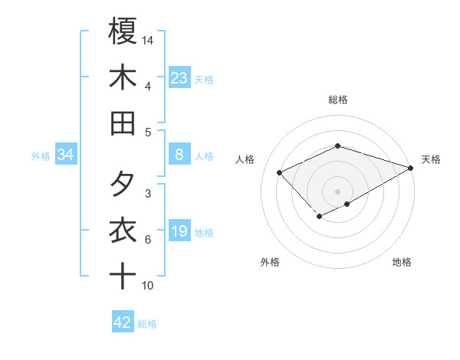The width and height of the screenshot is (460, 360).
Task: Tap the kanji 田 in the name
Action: [123, 123]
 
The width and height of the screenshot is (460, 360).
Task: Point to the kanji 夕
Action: [123, 184]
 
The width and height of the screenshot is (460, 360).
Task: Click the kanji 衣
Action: [123, 230]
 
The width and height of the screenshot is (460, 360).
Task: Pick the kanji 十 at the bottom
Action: [123, 276]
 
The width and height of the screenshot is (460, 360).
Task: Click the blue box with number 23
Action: [179, 77]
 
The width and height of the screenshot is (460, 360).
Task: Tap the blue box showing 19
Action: [179, 232]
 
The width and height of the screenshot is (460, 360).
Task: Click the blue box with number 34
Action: [66, 155]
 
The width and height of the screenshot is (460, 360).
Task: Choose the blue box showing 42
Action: [123, 322]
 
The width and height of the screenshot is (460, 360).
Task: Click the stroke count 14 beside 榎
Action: [148, 39]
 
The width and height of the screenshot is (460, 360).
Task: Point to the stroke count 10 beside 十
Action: [148, 286]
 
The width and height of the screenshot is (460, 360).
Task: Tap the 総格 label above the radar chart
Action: [337, 100]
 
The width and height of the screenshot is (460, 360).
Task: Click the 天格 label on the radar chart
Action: [431, 159]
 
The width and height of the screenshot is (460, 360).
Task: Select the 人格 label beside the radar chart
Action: [245, 159]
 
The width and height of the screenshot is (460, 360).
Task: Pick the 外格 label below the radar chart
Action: [270, 262]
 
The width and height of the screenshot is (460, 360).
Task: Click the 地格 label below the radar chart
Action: [402, 262]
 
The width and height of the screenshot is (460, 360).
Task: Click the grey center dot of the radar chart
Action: [337, 191]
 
